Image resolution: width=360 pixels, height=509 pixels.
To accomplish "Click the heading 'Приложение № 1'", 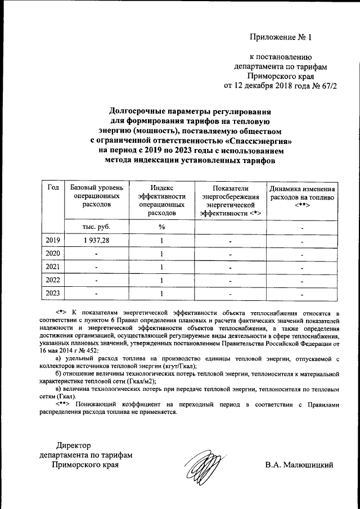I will (280, 38).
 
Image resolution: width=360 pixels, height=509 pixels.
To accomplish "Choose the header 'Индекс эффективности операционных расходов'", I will (161, 200).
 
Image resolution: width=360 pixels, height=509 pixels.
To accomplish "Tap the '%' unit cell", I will (161, 227).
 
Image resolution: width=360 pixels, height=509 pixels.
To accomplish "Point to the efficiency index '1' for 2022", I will (161, 280).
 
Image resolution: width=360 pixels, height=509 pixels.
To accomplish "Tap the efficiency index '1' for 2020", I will (161, 254).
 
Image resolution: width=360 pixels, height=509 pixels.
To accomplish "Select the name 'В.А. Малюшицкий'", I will (299, 465).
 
